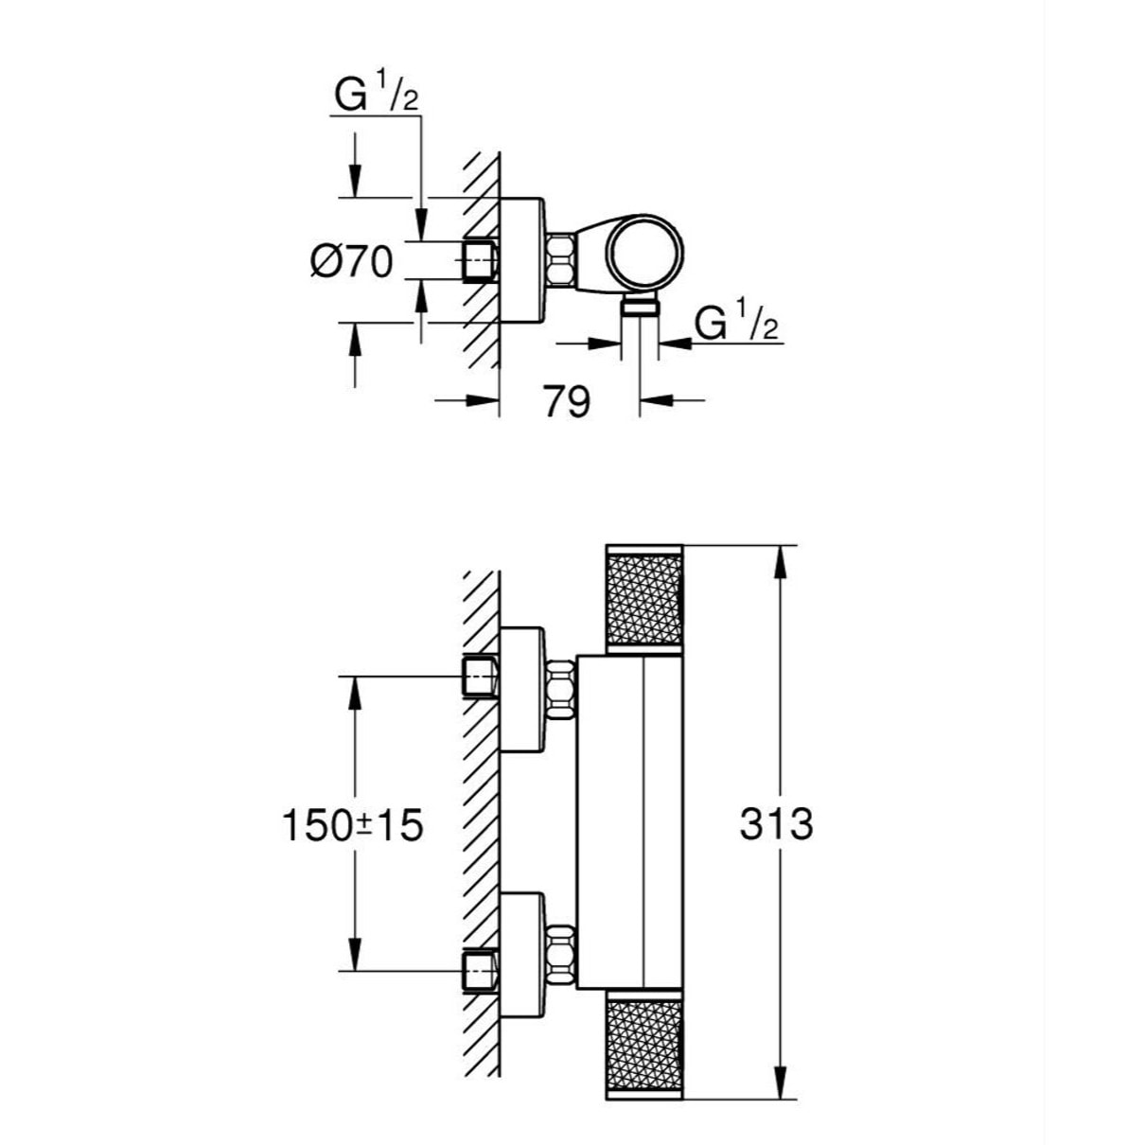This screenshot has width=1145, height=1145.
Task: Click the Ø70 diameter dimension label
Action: (351, 261)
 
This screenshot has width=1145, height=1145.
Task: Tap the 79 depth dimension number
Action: (568, 401)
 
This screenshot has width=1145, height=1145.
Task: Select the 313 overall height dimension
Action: (776, 825)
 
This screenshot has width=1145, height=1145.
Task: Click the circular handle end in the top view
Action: (644, 254)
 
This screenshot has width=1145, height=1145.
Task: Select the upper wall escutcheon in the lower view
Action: (521, 690)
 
